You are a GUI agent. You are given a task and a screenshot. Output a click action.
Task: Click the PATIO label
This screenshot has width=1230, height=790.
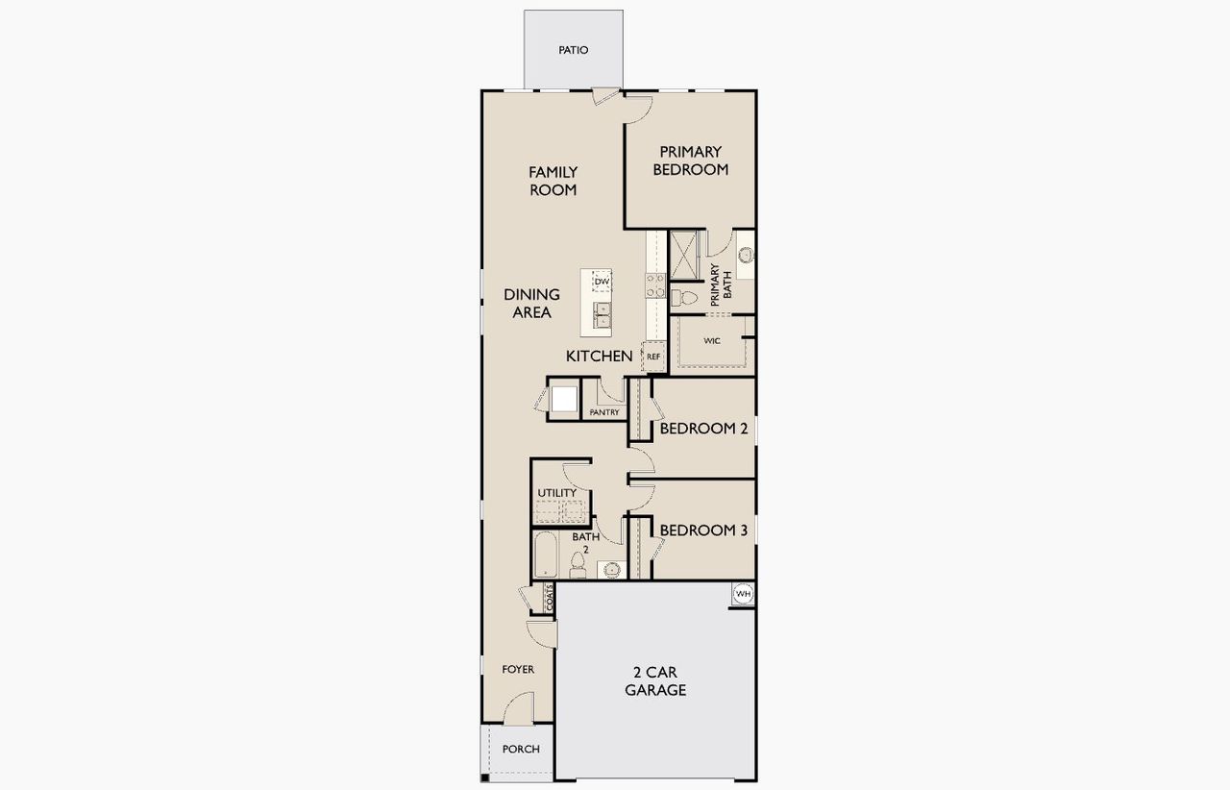(573, 50)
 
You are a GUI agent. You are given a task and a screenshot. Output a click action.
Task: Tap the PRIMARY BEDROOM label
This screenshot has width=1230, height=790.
(690, 160)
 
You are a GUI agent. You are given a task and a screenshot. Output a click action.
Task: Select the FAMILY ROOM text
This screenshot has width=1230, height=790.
(553, 181)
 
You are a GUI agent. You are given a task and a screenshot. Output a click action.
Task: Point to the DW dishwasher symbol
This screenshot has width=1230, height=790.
(602, 282)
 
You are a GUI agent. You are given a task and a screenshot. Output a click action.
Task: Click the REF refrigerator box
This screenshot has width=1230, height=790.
(653, 357)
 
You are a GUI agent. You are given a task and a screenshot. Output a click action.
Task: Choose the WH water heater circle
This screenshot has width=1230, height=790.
(743, 595)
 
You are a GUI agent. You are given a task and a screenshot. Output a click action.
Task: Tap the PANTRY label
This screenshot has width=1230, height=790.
(604, 412)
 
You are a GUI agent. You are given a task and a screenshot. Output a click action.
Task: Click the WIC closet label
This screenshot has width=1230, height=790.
(712, 340)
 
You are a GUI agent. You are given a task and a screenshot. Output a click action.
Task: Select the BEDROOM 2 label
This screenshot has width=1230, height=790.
(703, 429)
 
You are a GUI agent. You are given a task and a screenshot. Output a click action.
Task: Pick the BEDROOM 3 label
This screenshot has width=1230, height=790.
(703, 531)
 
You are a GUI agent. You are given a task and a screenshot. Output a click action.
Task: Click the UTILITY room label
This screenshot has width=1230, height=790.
(557, 493)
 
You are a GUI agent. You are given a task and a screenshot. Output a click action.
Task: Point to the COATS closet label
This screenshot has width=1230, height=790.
(550, 598)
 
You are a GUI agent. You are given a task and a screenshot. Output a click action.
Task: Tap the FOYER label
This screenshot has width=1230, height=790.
(519, 669)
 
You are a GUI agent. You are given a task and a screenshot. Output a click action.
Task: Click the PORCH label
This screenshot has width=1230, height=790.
(521, 749)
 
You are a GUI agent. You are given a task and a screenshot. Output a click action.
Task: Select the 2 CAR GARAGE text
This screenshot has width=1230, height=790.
(655, 680)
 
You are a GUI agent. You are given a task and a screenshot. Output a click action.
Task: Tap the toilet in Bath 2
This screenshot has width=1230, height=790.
(578, 564)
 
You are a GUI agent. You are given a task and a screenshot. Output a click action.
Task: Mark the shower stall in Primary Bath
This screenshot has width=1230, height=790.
(687, 255)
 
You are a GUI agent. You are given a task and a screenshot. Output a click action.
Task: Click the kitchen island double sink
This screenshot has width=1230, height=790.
(603, 313)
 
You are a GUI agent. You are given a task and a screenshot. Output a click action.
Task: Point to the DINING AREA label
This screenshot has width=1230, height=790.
(531, 303)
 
